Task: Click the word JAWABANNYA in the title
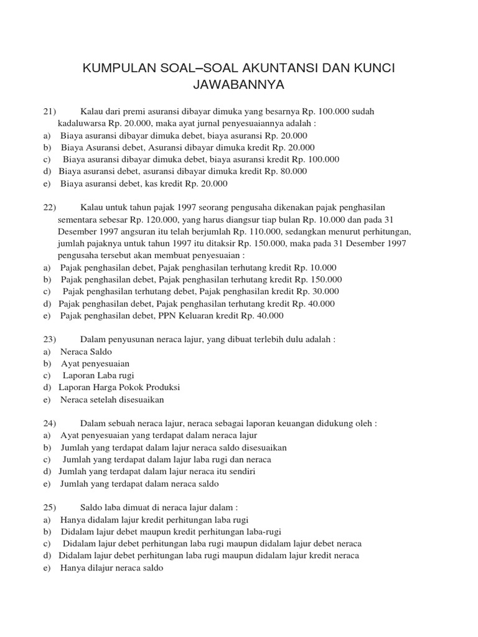(x=239, y=83)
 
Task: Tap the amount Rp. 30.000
(x=317, y=291)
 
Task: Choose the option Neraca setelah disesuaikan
(x=112, y=400)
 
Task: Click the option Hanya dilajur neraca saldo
(x=111, y=567)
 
